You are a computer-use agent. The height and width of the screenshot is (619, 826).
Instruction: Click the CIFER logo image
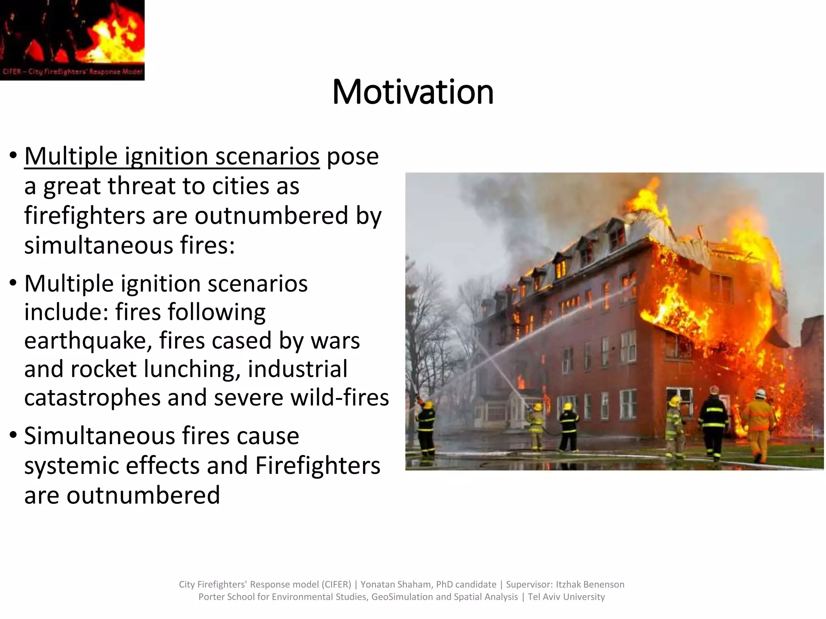click(72, 40)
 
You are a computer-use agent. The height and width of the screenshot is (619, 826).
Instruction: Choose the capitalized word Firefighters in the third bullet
click(317, 466)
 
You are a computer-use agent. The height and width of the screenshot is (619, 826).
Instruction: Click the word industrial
click(297, 369)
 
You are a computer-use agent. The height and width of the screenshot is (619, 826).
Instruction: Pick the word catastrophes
click(92, 398)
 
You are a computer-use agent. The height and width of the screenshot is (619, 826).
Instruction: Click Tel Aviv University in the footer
click(566, 597)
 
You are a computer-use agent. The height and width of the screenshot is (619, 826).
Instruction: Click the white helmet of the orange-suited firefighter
click(761, 393)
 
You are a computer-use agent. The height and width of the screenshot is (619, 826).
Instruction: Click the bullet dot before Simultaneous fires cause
click(13, 435)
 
